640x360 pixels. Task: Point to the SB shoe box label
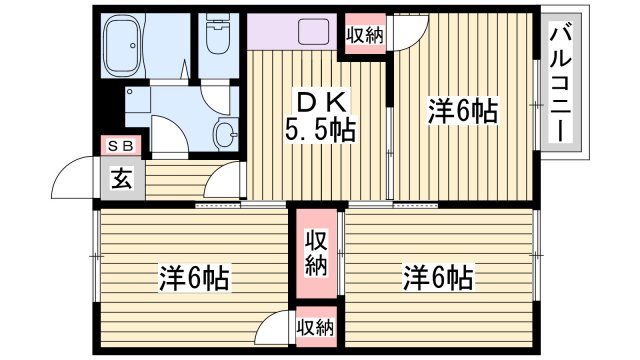[123, 146]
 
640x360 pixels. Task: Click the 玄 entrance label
[121, 181]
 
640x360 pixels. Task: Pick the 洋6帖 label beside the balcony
[464, 109]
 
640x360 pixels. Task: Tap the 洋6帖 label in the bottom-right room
[438, 276]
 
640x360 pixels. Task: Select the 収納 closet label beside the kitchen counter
[365, 35]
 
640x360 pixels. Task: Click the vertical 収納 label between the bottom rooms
[316, 254]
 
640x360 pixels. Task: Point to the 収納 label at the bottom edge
[316, 327]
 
